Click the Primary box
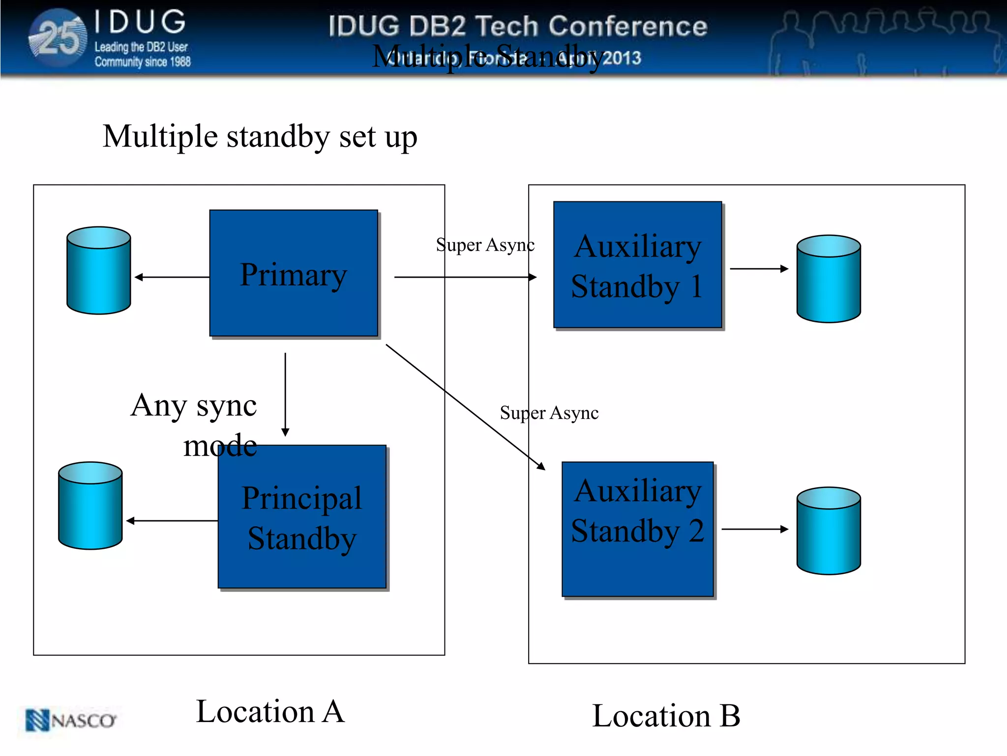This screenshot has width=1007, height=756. click(x=294, y=274)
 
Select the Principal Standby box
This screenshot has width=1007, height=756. click(x=302, y=517)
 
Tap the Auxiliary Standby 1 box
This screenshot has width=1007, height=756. click(x=637, y=265)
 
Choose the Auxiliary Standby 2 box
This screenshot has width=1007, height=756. click(x=637, y=529)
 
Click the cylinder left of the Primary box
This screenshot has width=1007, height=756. click(x=99, y=271)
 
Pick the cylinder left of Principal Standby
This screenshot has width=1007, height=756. click(x=90, y=506)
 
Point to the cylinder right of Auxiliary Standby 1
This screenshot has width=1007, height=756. click(x=829, y=279)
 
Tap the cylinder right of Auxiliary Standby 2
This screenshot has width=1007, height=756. click(x=829, y=531)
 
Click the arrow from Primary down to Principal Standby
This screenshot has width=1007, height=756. click(x=285, y=394)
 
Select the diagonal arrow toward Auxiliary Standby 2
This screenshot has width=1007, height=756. click(x=465, y=407)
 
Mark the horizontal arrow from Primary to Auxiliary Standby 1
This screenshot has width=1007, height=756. click(x=465, y=277)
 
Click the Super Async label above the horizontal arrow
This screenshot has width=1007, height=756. click(x=485, y=245)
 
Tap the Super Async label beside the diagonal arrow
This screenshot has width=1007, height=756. click(x=549, y=412)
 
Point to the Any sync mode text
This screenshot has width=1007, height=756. click(x=195, y=424)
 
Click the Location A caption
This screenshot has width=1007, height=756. click(x=270, y=711)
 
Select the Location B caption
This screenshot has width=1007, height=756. click(x=666, y=716)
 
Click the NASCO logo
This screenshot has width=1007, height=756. click(x=71, y=721)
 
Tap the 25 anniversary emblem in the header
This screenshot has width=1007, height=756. click(x=59, y=38)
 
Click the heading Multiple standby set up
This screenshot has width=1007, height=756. click(x=260, y=136)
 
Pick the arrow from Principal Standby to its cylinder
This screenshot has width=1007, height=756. click(x=172, y=521)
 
